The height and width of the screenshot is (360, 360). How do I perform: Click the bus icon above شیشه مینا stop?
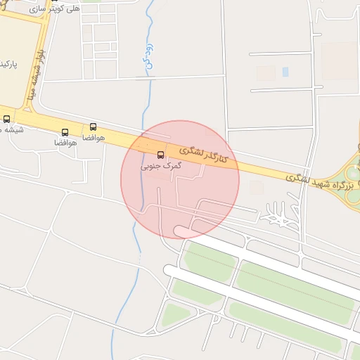(x=7, y=119)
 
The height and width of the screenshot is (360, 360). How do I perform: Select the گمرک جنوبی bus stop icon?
(x=160, y=155)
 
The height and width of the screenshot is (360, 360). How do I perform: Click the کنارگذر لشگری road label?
(x=205, y=155)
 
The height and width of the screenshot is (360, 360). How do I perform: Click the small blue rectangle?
(x=285, y=72)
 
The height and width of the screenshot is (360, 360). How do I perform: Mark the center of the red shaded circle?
(x=180, y=180)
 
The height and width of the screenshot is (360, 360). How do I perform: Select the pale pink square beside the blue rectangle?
(x=266, y=73)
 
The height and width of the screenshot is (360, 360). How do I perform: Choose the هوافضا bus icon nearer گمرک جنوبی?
(x=94, y=127)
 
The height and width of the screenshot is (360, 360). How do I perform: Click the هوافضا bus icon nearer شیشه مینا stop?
(x=65, y=132)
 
